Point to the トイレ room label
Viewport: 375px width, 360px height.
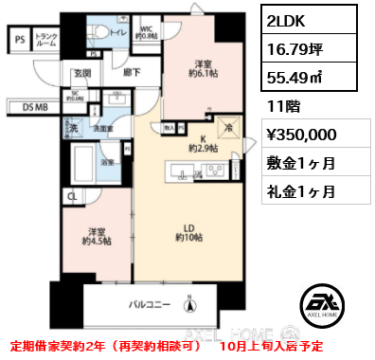tap(118, 32)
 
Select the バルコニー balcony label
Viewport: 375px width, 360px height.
tap(150, 304)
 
